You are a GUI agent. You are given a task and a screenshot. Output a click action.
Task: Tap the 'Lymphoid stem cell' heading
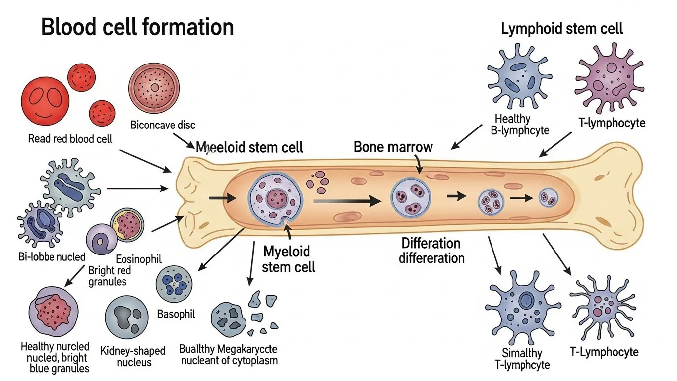click(x=562, y=28)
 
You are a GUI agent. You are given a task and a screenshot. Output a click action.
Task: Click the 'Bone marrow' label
click(x=393, y=147)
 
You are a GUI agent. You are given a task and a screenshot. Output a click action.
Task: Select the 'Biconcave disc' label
click(x=163, y=125)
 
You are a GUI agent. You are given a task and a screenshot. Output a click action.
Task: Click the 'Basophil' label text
click(x=176, y=314)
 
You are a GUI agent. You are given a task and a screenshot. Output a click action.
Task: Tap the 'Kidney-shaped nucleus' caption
click(x=133, y=356)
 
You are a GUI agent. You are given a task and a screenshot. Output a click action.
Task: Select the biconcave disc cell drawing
click(x=154, y=88)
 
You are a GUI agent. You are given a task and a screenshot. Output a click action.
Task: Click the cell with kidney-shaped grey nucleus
click(x=128, y=317)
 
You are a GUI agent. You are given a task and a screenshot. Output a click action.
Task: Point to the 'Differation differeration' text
click(x=431, y=251)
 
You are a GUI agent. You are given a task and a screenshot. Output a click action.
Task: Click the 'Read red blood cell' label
click(x=70, y=139)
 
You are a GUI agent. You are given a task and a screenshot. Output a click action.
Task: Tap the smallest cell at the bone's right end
click(x=548, y=197)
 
